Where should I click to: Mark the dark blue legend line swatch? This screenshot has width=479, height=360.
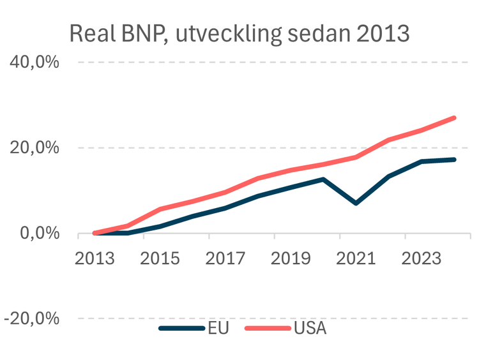pyautogui.click(x=181, y=329)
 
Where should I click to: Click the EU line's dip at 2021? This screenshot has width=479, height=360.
pyautogui.click(x=356, y=203)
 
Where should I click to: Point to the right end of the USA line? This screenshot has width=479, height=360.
pyautogui.click(x=454, y=117)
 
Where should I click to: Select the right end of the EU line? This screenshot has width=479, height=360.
pyautogui.click(x=454, y=160)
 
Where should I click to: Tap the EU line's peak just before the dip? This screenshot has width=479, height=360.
pyautogui.click(x=323, y=179)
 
